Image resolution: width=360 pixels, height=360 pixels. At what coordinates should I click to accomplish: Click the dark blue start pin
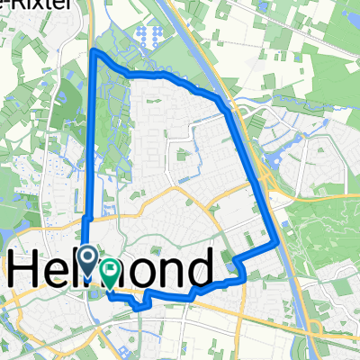(x=87, y=259)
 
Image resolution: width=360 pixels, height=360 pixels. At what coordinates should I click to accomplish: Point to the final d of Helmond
(x=200, y=267)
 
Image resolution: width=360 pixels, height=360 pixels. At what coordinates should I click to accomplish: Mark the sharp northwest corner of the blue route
(x=94, y=52)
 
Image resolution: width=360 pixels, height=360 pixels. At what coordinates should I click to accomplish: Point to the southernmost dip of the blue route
(x=139, y=308)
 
